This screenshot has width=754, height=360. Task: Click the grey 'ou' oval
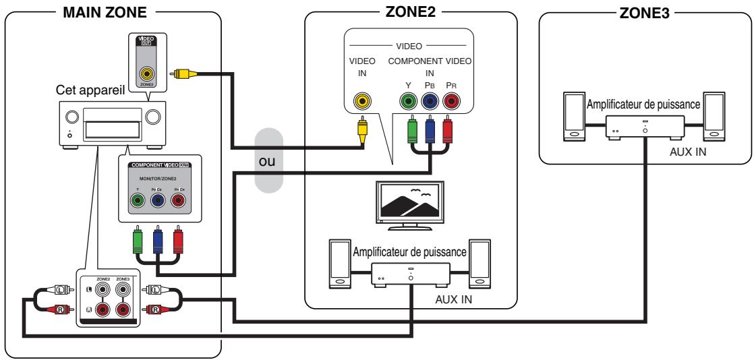pyautogui.click(x=268, y=164)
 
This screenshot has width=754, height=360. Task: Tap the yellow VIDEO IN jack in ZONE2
pyautogui.click(x=363, y=102)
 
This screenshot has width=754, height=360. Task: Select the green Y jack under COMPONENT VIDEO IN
pyautogui.click(x=407, y=102)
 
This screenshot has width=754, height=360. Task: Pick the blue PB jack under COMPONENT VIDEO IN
pyautogui.click(x=429, y=102)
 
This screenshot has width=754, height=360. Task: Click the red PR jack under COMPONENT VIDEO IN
pyautogui.click(x=450, y=102)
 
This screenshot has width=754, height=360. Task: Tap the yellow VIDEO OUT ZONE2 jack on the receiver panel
pyautogui.click(x=146, y=75)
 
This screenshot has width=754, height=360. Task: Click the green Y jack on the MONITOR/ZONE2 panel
pyautogui.click(x=137, y=200)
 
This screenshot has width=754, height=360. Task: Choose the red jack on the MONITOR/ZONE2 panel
pyautogui.click(x=178, y=200)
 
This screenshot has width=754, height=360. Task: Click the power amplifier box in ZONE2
pyautogui.click(x=410, y=275)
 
